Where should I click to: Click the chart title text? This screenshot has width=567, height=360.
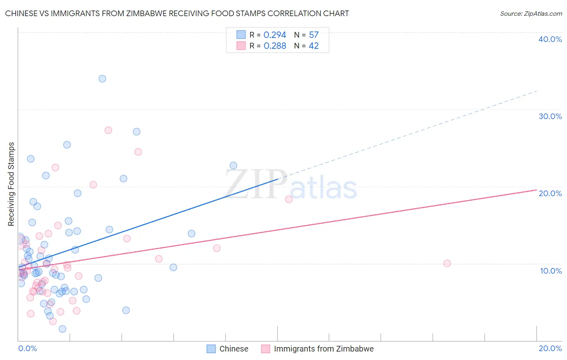pos(177,13)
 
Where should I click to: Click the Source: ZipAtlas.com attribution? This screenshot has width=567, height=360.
pos(531,14)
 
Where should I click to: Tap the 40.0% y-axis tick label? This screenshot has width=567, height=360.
pos(550,39)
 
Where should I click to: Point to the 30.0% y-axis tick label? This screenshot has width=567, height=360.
pos(550,116)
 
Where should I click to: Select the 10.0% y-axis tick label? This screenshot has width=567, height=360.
pos(551,271)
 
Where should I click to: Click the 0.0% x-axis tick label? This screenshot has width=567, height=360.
pos(27,348)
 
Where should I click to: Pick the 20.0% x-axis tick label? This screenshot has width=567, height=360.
pos(550,348)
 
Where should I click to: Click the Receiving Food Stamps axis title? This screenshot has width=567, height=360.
pos(11,184)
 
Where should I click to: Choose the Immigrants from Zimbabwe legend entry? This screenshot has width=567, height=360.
pos(318,349)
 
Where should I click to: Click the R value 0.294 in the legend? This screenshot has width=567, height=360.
pos(275,35)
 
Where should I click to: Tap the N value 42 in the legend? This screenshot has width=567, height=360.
pos(313,46)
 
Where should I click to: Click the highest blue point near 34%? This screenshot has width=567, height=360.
pos(102,79)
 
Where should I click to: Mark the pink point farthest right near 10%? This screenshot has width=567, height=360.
pos(447,264)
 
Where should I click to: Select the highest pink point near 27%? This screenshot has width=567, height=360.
pos(108,130)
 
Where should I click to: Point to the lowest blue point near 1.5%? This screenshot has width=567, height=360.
pos(63,329)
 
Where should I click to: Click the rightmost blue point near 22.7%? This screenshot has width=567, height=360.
pos(233,165)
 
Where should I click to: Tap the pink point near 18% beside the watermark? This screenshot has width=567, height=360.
pos(289,199)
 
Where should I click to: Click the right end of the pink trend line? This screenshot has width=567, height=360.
pos(536,190)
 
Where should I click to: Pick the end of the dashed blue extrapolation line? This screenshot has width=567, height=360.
pos(537,91)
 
